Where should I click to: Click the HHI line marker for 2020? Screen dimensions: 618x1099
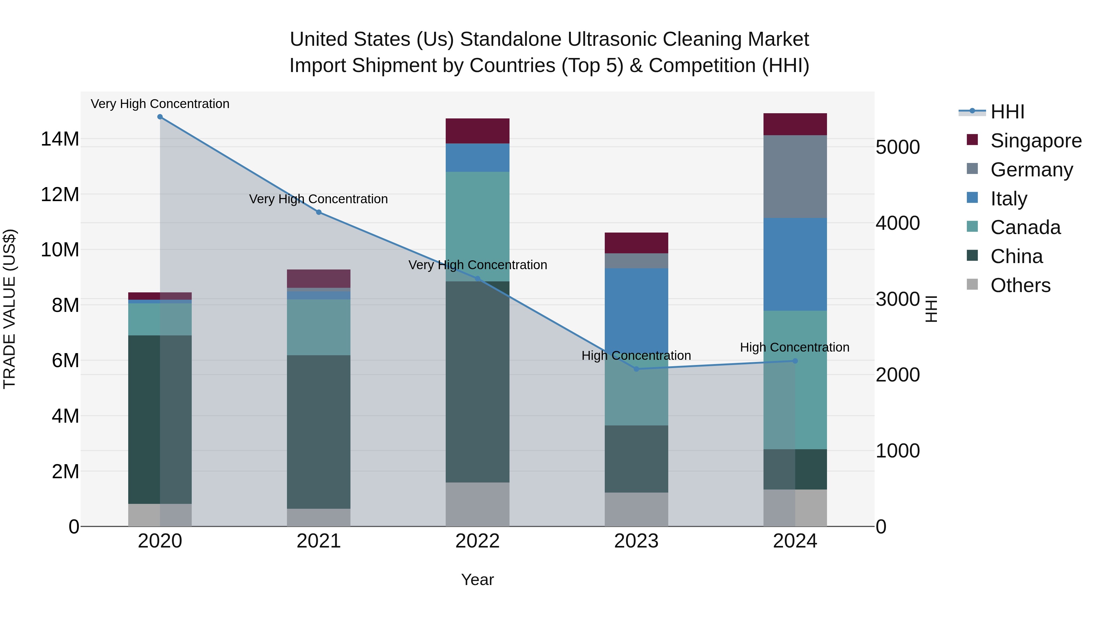click(x=160, y=117)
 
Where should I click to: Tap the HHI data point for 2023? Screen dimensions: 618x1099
click(x=636, y=369)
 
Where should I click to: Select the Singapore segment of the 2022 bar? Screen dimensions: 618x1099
click(x=477, y=131)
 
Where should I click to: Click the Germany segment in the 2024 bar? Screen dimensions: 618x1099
click(x=795, y=177)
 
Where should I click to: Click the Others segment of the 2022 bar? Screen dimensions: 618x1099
click(x=477, y=504)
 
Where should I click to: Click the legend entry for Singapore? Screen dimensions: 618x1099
click(x=1036, y=141)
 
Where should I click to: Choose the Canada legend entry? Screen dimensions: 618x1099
click(x=1025, y=227)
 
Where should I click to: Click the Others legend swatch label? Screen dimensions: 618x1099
click(x=1020, y=285)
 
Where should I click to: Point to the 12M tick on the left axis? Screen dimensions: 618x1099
click(x=60, y=194)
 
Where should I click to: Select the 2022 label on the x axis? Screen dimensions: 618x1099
click(x=477, y=541)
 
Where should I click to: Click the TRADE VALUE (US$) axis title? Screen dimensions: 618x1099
click(x=9, y=309)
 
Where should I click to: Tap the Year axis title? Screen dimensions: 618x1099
click(x=477, y=580)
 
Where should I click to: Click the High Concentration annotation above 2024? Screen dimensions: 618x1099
click(x=794, y=347)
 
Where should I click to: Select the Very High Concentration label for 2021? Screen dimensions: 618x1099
click(x=318, y=199)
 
